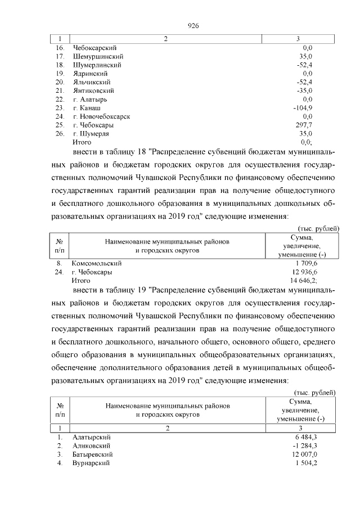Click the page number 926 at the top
pyautogui.click(x=193, y=26)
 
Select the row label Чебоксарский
pyautogui.click(x=94, y=48)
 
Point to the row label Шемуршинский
pyautogui.click(x=98, y=57)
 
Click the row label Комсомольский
pyautogui.click(x=97, y=263)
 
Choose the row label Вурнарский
pyautogui.click(x=91, y=462)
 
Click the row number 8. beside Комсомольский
pyautogui.click(x=58, y=263)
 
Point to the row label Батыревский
pyautogui.click(x=93, y=454)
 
